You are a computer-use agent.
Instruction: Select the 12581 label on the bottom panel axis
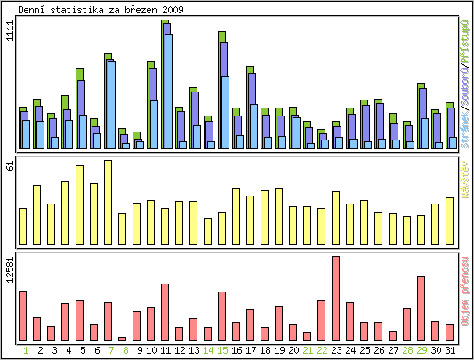tap(11, 270)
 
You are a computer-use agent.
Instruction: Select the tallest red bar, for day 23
tap(335, 298)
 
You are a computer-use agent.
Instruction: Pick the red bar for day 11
tap(165, 311)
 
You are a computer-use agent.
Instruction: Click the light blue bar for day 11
tap(168, 91)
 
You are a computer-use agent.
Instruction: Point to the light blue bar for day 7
tap(111, 104)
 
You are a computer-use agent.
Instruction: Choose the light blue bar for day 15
tap(225, 112)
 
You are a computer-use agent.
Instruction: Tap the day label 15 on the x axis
tap(221, 350)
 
